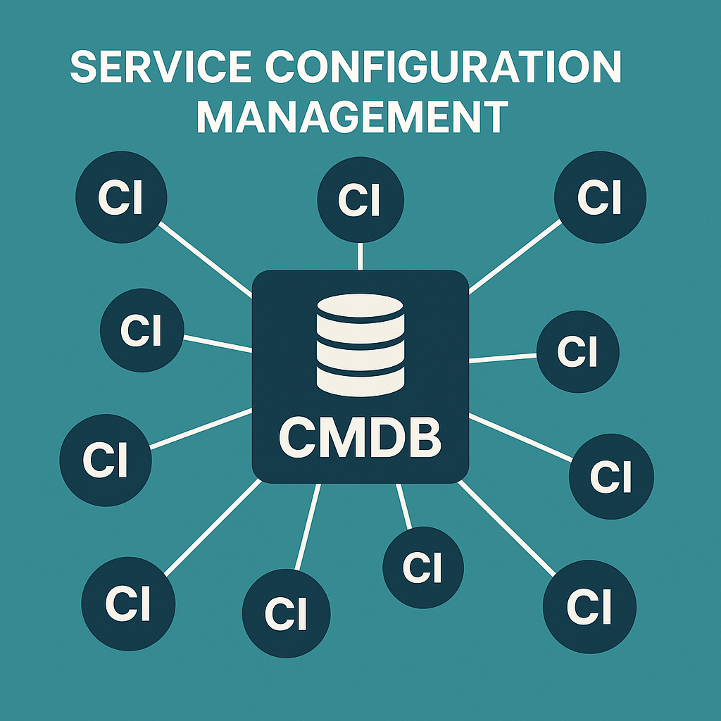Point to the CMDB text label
(360, 437)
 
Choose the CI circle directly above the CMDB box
(360, 199)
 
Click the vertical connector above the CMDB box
(360, 256)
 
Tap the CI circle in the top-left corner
(121, 196)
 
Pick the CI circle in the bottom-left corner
(128, 604)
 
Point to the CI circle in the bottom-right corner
(589, 607)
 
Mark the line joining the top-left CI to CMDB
(206, 258)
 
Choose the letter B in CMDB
(423, 437)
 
